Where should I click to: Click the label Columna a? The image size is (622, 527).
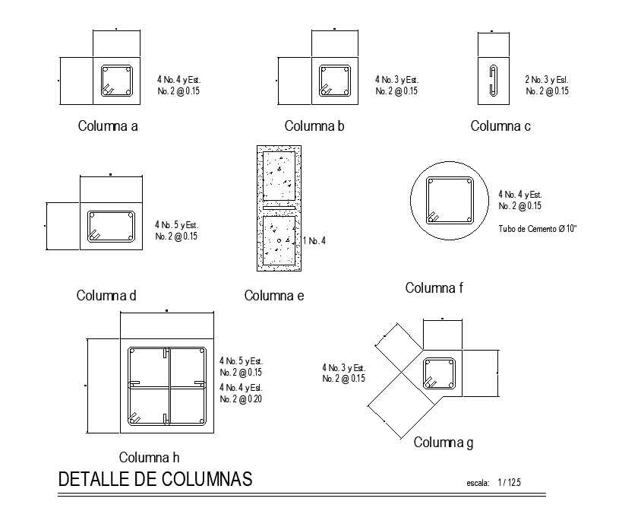click(x=108, y=126)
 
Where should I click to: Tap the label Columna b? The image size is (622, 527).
click(x=314, y=126)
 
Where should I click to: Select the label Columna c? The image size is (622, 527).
click(x=500, y=126)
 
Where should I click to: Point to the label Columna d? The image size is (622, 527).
click(x=106, y=296)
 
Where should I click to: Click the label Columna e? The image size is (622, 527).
click(x=274, y=296)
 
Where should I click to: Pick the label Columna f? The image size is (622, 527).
click(x=434, y=287)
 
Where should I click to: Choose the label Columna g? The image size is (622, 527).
click(x=444, y=443)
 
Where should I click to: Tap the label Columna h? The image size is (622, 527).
click(x=149, y=457)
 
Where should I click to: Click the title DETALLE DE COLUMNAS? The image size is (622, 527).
click(x=155, y=481)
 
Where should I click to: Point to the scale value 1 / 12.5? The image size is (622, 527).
click(x=510, y=483)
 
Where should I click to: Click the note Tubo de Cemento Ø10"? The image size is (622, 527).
click(x=538, y=228)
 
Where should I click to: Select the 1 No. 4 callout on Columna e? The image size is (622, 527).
click(x=314, y=241)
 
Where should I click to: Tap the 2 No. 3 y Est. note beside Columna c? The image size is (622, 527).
click(x=547, y=79)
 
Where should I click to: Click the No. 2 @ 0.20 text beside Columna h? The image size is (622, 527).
click(x=241, y=399)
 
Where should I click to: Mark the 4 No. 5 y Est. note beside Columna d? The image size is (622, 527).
click(x=176, y=225)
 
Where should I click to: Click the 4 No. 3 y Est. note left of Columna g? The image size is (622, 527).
click(x=344, y=367)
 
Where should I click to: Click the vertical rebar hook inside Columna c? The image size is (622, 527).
click(x=491, y=81)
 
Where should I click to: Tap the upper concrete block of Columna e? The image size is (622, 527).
click(x=279, y=173)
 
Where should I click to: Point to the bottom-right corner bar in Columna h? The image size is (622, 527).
click(x=201, y=420)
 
